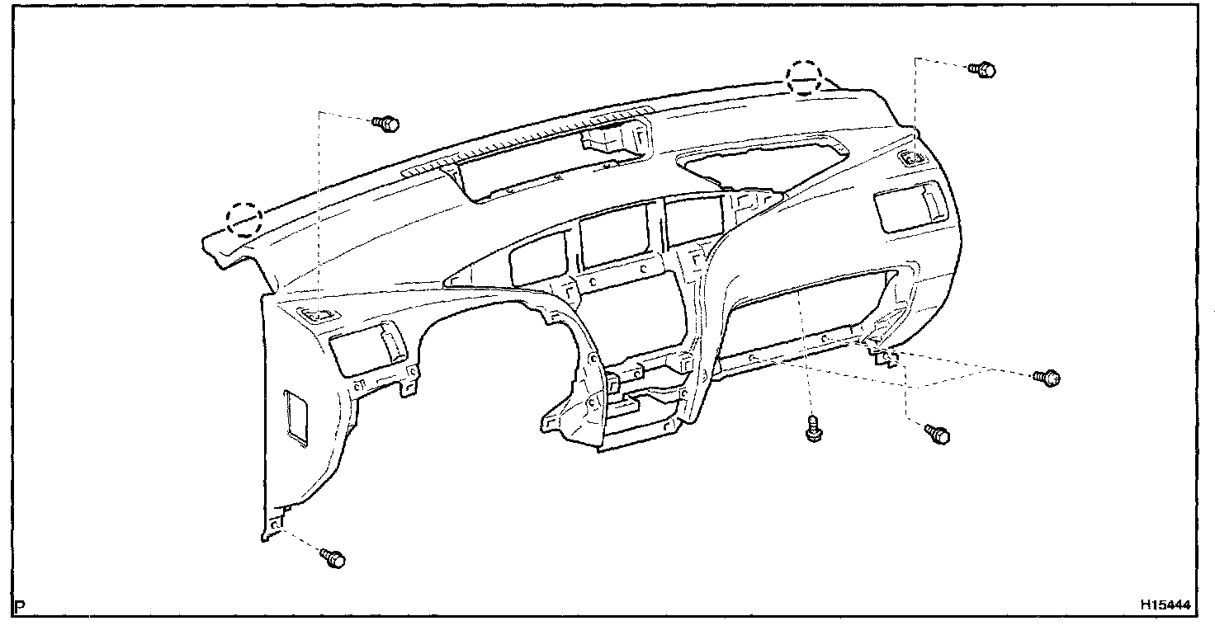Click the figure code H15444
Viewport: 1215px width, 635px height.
[1166, 604]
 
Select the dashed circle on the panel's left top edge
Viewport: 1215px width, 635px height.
[244, 219]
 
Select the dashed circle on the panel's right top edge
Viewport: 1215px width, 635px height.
[803, 78]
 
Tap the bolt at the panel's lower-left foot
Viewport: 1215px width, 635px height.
[333, 558]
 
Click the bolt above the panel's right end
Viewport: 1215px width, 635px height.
[982, 69]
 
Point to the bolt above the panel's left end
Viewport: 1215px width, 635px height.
[385, 124]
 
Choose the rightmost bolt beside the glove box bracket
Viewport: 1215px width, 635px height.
[1047, 378]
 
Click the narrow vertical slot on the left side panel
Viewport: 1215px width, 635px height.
[294, 418]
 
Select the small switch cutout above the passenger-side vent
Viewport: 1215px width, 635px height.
[912, 159]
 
